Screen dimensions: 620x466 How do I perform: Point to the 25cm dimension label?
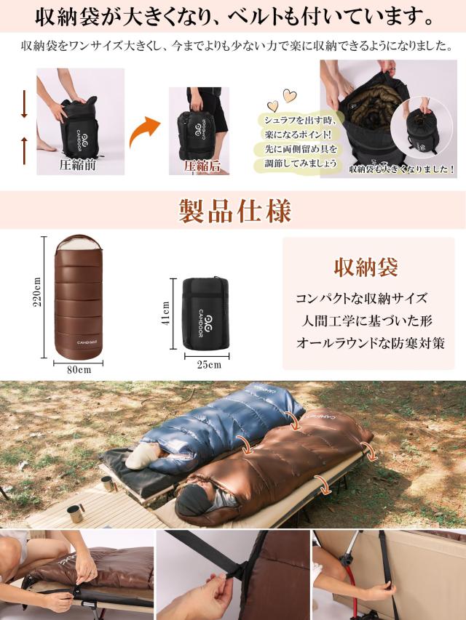tap(208, 364)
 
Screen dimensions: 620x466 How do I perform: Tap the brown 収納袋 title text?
tap(366, 267)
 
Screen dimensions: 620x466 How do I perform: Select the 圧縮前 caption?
tap(78, 164)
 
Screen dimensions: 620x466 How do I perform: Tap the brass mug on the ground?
tap(75, 513)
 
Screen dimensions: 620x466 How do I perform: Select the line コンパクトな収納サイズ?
tap(362, 299)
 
